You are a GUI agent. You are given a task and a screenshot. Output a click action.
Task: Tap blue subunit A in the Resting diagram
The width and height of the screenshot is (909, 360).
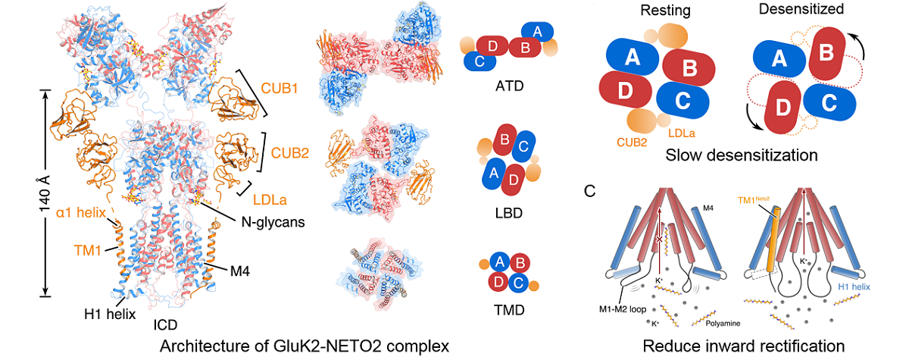click(632, 57)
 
